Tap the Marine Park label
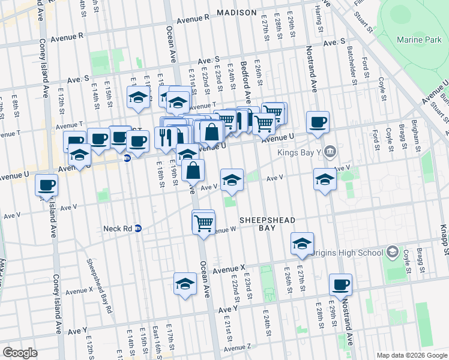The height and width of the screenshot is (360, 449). (419, 40)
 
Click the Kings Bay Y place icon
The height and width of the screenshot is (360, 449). (329, 152)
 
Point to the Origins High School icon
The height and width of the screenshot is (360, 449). (393, 252)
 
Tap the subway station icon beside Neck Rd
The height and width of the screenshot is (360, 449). (138, 229)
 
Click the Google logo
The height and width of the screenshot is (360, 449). (20, 352)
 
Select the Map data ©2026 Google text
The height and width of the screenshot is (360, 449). (411, 355)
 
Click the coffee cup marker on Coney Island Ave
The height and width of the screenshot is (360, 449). (46, 185)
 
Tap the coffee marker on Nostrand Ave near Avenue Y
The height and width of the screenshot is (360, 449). (340, 284)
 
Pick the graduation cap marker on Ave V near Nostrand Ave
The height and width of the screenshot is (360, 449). (325, 179)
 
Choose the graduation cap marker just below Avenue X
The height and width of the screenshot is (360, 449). (185, 283)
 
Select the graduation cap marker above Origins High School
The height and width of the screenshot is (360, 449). (302, 243)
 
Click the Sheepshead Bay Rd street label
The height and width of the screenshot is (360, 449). (96, 281)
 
